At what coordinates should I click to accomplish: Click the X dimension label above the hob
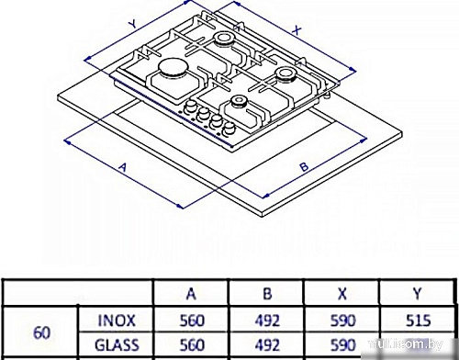(297, 28)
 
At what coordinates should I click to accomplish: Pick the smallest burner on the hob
(241, 102)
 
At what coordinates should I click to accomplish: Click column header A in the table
(191, 295)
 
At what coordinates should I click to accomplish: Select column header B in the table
(266, 295)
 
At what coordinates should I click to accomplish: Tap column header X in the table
(341, 295)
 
